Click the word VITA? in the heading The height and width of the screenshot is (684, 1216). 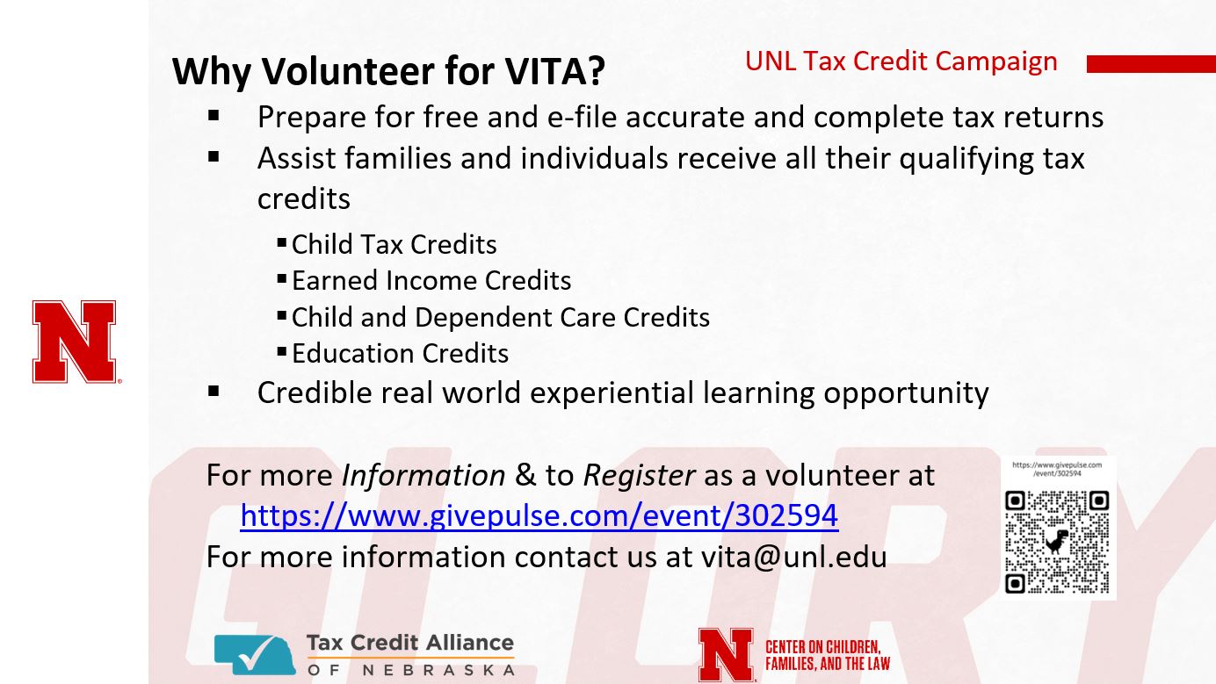point(554,70)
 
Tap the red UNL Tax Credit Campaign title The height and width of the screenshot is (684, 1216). point(901,61)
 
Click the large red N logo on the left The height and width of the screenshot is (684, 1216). point(75,342)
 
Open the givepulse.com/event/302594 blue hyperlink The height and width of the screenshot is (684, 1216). point(539,515)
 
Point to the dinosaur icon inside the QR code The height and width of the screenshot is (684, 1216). point(1056,542)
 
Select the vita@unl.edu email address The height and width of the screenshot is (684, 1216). point(793,557)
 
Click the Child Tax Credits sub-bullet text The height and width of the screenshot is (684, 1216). point(394,245)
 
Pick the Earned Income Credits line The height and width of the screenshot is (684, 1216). point(431,281)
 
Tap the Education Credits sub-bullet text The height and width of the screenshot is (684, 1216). point(400,354)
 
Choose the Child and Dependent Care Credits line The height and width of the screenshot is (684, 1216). point(501,317)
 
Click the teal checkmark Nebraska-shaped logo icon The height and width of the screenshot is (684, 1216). point(255,655)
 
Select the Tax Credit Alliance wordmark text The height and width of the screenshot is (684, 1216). point(410,643)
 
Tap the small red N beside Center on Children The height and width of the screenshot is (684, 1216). point(727,655)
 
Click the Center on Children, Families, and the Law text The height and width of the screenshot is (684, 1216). point(828,655)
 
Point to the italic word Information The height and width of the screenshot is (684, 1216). point(423,476)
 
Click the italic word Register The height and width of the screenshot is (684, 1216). point(639,476)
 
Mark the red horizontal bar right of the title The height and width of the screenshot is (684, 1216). point(1151,64)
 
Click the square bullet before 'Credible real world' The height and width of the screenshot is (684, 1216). point(214,392)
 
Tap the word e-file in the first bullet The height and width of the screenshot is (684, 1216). point(582,117)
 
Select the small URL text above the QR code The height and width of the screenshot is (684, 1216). point(1057,469)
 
